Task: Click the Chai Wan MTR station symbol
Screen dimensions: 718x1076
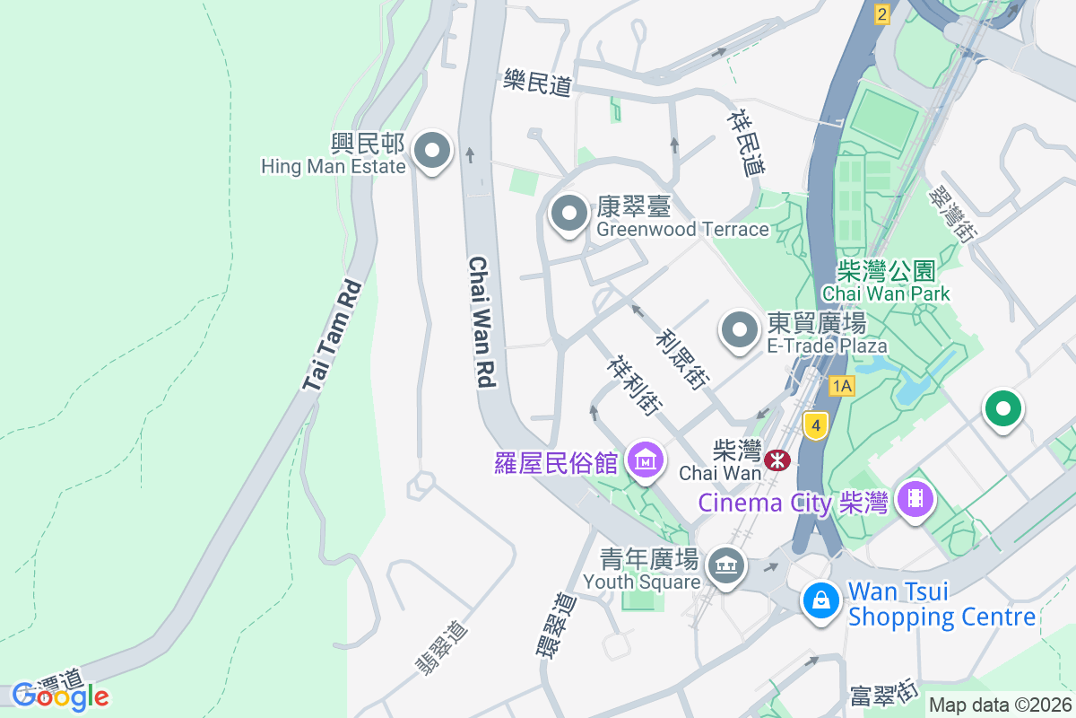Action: pos(777,460)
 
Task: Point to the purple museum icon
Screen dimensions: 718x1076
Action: pos(646,460)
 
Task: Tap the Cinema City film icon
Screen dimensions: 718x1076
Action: pos(915,496)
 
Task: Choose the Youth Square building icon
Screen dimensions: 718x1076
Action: pos(725,567)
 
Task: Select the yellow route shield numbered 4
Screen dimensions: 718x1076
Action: pos(814,425)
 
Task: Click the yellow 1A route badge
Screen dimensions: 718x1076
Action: pos(842,386)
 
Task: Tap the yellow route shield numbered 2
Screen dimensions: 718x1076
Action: pos(882,13)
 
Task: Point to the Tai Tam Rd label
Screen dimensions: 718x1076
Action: pos(333,336)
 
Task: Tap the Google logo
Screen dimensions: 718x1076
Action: pos(60,696)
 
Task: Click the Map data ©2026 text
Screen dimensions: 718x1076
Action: pos(1000,705)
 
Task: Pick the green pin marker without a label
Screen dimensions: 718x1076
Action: pos(1003,410)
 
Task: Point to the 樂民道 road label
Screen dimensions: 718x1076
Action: pos(537,83)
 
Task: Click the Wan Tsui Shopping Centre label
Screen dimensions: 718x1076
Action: pos(941,605)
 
